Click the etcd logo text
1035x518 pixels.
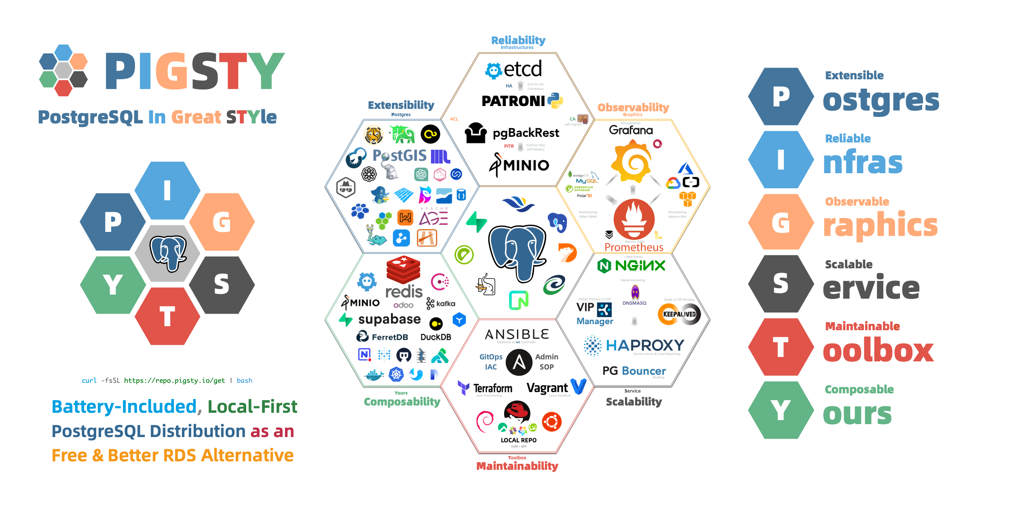(x=522, y=69)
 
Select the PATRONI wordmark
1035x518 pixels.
(x=513, y=101)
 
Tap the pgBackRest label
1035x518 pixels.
(x=526, y=133)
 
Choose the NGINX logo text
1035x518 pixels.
(x=640, y=266)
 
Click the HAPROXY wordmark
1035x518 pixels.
(x=645, y=345)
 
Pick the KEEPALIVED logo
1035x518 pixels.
(x=679, y=314)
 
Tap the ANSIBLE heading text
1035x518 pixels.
(x=517, y=334)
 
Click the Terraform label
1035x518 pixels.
(x=492, y=388)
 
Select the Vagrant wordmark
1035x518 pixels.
(x=547, y=388)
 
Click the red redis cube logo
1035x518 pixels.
(x=403, y=270)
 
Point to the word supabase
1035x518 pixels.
(x=389, y=319)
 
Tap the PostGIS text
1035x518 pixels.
(x=399, y=155)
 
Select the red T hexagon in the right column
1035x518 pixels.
(x=780, y=347)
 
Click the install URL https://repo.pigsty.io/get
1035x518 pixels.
(x=174, y=380)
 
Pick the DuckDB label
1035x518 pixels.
(x=435, y=337)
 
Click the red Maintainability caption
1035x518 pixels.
(x=517, y=466)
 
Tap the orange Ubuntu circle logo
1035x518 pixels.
(x=552, y=422)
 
